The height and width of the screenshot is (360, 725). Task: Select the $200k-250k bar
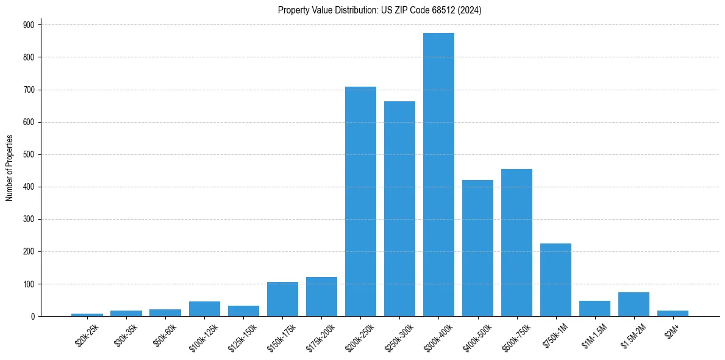(x=360, y=201)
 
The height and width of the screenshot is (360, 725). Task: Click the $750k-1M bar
(x=555, y=280)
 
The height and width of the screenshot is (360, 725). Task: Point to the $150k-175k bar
(x=282, y=300)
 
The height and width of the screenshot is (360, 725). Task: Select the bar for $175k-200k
(x=321, y=297)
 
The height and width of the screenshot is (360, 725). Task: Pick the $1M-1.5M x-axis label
(x=591, y=336)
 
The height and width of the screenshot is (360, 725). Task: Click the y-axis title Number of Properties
(x=9, y=168)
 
